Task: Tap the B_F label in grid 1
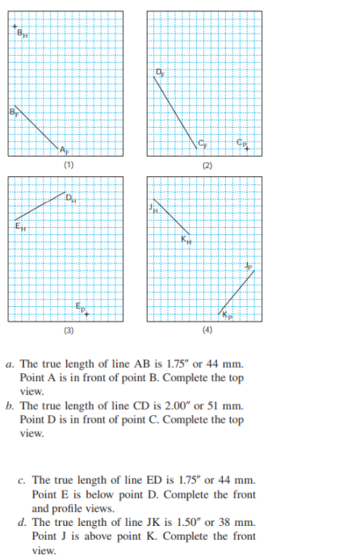click(x=12, y=111)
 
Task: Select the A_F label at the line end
click(x=65, y=150)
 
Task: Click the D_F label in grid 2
click(x=161, y=74)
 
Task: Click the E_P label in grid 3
click(x=79, y=308)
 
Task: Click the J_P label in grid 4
click(x=249, y=267)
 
